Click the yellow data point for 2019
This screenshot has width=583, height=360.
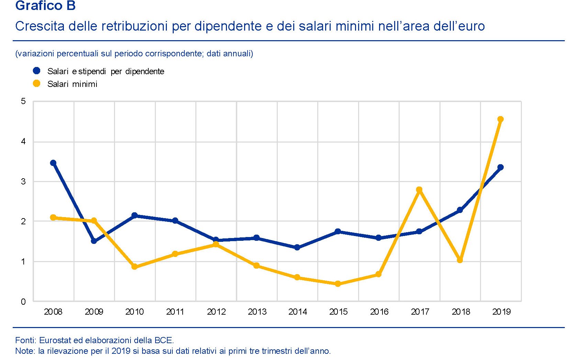[500, 119]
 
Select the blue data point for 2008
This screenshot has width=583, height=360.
[53, 163]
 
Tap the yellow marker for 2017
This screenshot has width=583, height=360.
[419, 190]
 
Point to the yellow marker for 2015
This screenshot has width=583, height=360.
[338, 284]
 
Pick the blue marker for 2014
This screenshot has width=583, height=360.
[297, 247]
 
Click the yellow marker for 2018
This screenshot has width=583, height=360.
[460, 260]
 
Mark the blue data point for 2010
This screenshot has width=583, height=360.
[135, 215]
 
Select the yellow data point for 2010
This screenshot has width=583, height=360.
[135, 267]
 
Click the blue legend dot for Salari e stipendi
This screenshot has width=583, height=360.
[36, 71]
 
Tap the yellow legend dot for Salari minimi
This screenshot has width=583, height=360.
[36, 83]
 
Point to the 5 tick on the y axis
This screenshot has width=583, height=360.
[23, 101]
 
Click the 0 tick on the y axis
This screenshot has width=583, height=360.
[23, 302]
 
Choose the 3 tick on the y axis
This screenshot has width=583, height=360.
[23, 181]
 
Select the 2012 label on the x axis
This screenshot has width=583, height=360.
[216, 312]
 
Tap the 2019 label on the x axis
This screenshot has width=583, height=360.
[501, 312]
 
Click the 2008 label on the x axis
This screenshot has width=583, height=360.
[53, 312]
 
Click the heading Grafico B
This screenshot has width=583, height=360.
[45, 6]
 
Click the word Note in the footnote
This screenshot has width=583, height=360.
[25, 351]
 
